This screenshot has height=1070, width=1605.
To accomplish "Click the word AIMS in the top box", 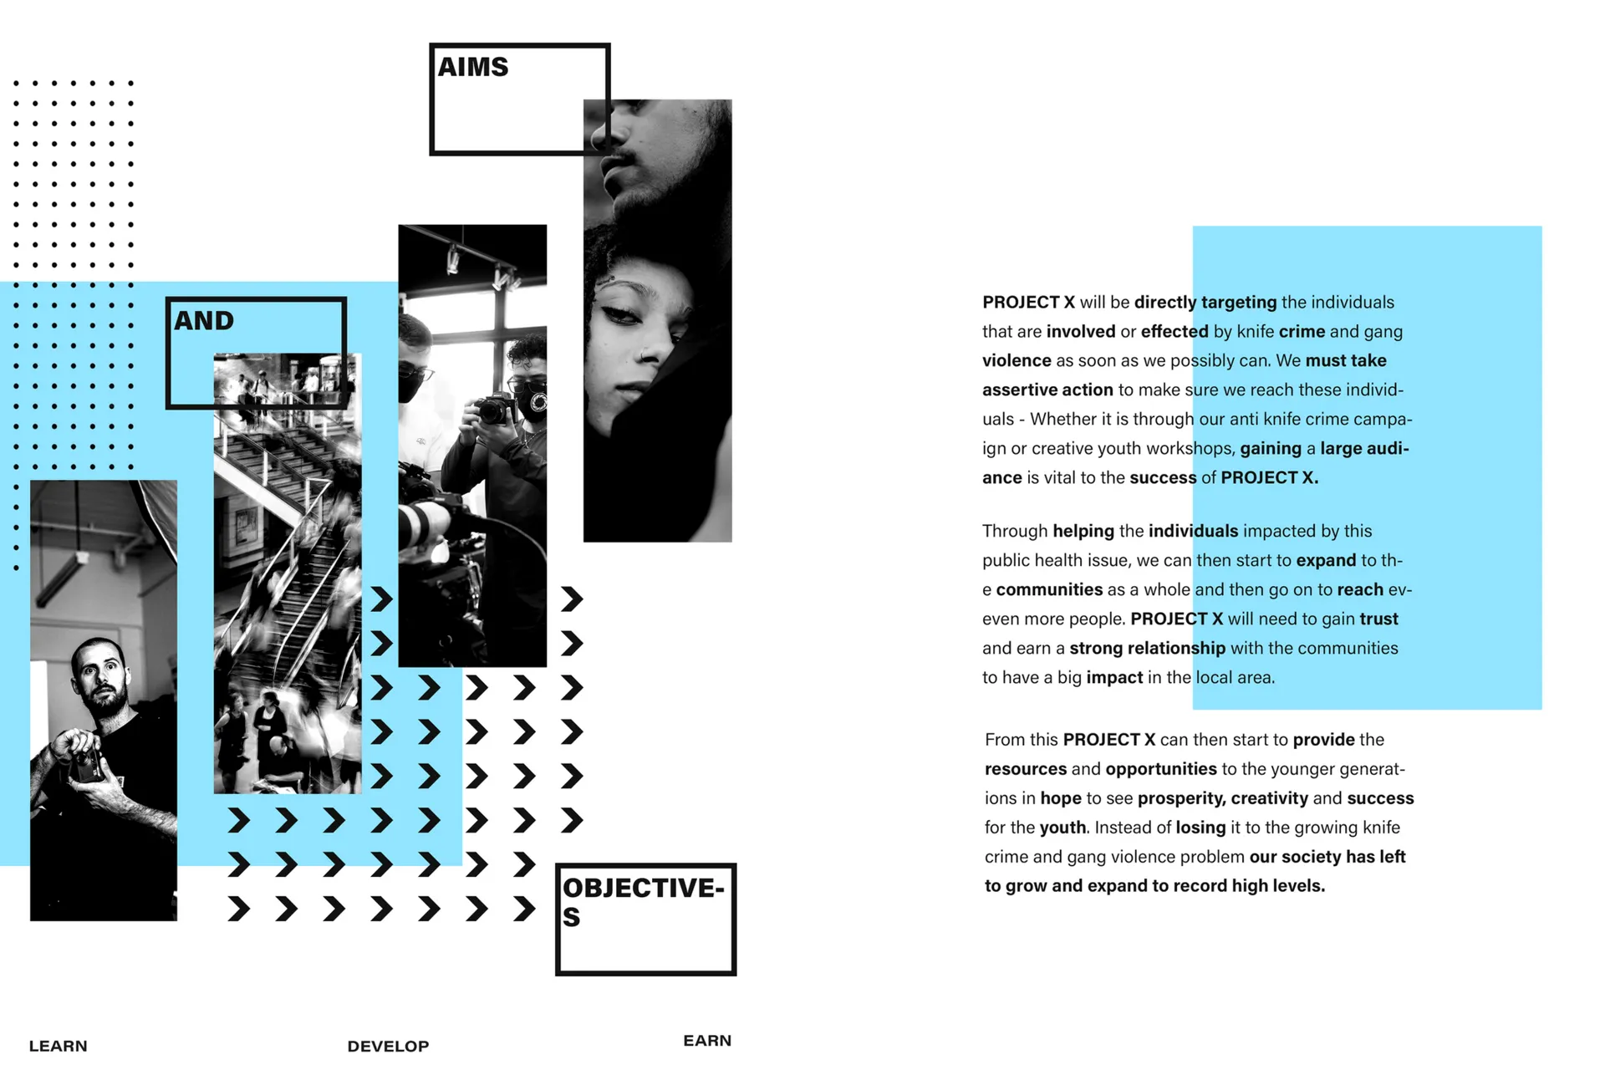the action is [x=473, y=67].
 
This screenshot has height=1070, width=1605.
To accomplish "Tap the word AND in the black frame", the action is [x=204, y=320].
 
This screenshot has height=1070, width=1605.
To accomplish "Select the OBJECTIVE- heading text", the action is [x=644, y=888].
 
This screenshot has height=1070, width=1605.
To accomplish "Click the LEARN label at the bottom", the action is [x=58, y=1046].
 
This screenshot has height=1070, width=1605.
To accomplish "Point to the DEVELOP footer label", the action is [x=388, y=1046].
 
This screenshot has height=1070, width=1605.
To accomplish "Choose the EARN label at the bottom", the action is [x=707, y=1041].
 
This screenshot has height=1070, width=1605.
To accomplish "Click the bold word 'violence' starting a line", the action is [x=1016, y=360].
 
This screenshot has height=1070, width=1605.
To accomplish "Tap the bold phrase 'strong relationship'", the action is [x=1147, y=648].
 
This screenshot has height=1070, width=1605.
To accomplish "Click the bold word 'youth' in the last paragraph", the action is [x=1062, y=828].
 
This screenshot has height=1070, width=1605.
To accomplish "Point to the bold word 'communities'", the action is [x=1049, y=589].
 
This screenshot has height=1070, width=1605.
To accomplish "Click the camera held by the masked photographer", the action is [x=495, y=408].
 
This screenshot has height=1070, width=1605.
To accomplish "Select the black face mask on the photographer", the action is [x=532, y=401].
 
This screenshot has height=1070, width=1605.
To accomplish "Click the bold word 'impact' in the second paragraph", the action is [x=1114, y=678].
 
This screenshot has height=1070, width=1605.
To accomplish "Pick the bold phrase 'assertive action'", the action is [x=1047, y=390].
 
